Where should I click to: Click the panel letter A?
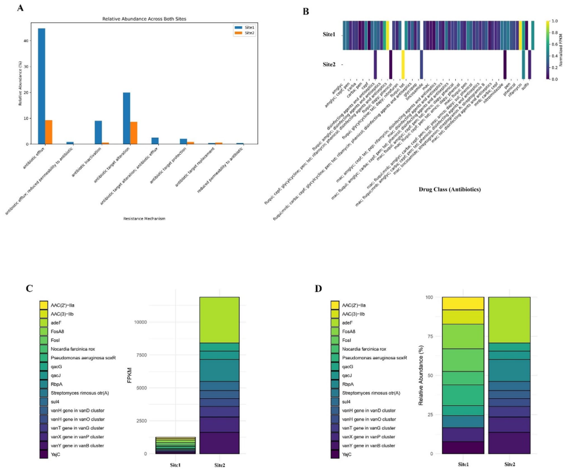(20, 8)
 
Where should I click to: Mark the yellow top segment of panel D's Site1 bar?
(463, 303)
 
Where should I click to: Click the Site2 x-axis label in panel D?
(509, 463)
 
